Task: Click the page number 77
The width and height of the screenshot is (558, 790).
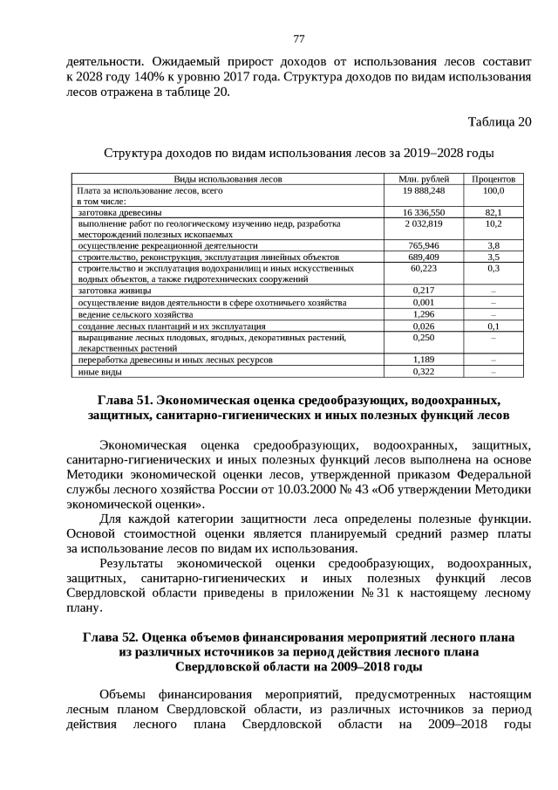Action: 298,38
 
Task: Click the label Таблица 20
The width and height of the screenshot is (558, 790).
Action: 499,121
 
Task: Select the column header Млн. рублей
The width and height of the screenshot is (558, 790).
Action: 423,179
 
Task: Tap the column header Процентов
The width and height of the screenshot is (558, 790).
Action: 493,179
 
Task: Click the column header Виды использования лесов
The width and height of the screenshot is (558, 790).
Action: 228,179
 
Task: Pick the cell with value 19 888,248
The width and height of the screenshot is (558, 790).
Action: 423,190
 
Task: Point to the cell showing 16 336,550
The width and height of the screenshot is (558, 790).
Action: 423,212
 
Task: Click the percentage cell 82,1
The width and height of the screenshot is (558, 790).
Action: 493,212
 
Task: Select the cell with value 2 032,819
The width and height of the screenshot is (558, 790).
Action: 423,223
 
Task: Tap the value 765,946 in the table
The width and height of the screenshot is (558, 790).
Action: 423,246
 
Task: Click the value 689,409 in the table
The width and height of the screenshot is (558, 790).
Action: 423,258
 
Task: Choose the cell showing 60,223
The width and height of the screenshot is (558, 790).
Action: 423,269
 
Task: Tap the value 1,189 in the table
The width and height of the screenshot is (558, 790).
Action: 423,360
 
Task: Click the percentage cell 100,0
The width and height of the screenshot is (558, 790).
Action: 493,190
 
